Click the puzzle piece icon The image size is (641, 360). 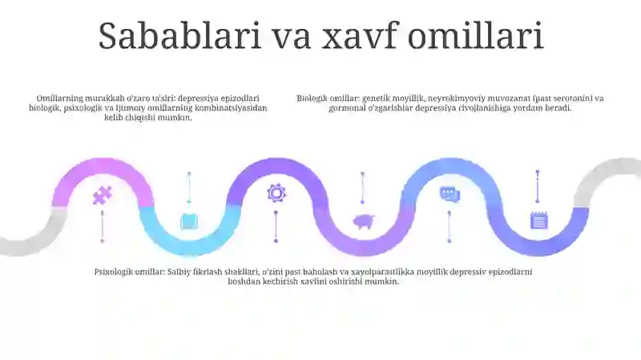(103, 195)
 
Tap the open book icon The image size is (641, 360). (189, 221)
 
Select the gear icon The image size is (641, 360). (276, 192)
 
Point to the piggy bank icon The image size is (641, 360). (363, 222)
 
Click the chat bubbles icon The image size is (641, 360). (450, 193)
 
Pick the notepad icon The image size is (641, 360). (538, 220)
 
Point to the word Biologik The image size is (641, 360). (312, 99)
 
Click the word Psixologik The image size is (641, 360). (114, 272)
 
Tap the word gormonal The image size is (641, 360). (346, 107)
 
